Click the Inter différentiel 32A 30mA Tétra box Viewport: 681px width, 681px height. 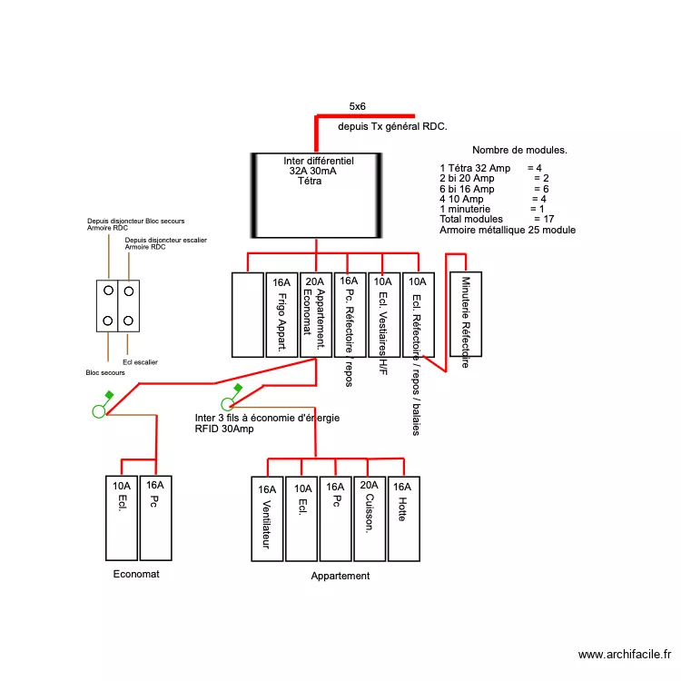pyautogui.click(x=315, y=195)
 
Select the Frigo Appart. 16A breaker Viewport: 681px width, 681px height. pyautogui.click(x=281, y=315)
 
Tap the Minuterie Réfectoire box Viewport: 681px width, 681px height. pyautogui.click(x=466, y=314)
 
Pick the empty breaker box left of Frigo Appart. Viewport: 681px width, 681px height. pyautogui.click(x=247, y=315)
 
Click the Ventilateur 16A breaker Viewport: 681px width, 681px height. pyautogui.click(x=267, y=518)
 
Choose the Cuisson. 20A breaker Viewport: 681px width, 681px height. pyautogui.click(x=370, y=518)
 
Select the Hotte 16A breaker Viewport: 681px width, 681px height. pyautogui.click(x=404, y=518)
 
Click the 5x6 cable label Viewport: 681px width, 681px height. pyautogui.click(x=357, y=106)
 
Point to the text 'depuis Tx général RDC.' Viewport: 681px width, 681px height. pyautogui.click(x=392, y=128)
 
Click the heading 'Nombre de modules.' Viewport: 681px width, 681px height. pyautogui.click(x=519, y=150)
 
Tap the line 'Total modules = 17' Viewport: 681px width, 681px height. pyautogui.click(x=497, y=219)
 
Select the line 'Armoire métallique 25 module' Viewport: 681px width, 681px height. pyautogui.click(x=507, y=230)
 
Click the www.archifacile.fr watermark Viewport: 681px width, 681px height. pyautogui.click(x=626, y=655)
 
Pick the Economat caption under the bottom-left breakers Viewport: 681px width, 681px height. pyautogui.click(x=136, y=574)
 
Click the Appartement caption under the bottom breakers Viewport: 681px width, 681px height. pyautogui.click(x=340, y=576)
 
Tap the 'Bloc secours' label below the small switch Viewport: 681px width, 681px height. pyautogui.click(x=105, y=372)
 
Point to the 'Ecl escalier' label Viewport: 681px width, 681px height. pyautogui.click(x=140, y=362)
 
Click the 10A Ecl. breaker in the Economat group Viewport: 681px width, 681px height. pyautogui.click(x=121, y=518)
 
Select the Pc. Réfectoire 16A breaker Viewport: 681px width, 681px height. pyautogui.click(x=350, y=315)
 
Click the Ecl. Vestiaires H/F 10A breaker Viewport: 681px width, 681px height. pyautogui.click(x=384, y=315)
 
